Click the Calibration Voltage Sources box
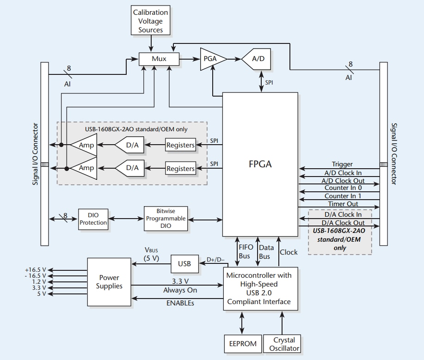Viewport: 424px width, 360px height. pyautogui.click(x=151, y=21)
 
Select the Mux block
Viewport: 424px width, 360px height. pyautogui.click(x=159, y=59)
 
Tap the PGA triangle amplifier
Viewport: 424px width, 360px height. pyautogui.click(x=211, y=59)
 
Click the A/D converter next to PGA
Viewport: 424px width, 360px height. pyautogui.click(x=258, y=59)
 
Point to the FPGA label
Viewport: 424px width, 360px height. pyautogui.click(x=260, y=164)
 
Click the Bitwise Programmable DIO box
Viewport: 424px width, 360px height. pyautogui.click(x=166, y=219)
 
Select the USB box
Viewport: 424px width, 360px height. pyautogui.click(x=184, y=264)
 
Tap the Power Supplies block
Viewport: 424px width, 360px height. pyautogui.click(x=109, y=281)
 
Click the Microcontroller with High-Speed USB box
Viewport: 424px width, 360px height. pyautogui.click(x=259, y=288)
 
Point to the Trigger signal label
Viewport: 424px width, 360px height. pyautogui.click(x=342, y=164)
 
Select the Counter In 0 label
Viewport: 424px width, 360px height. pyautogui.click(x=343, y=188)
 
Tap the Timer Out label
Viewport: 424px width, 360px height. pyautogui.click(x=343, y=204)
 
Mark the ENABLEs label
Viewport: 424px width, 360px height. pyautogui.click(x=180, y=303)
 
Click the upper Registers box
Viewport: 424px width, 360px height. pyautogui.click(x=180, y=145)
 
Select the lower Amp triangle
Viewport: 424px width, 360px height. pyautogui.click(x=85, y=168)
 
